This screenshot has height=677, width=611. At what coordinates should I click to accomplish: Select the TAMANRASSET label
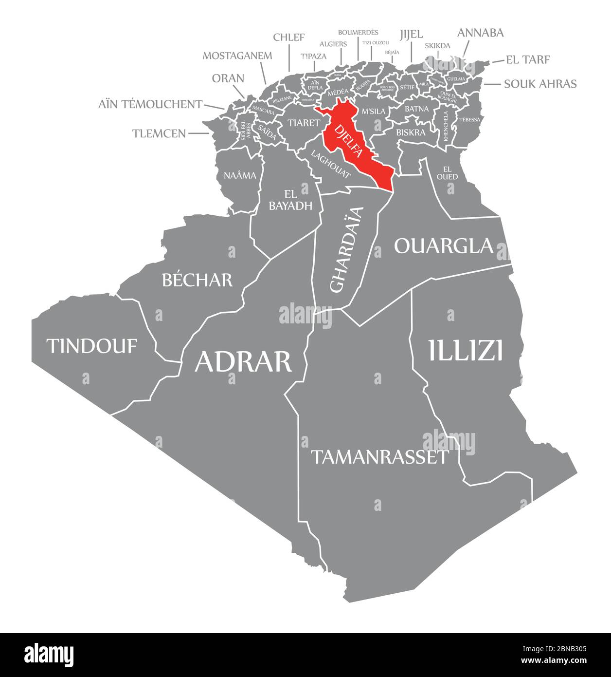click(379, 457)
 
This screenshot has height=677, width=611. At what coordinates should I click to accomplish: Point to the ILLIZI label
click(466, 350)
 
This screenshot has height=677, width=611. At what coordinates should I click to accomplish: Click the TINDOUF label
click(92, 346)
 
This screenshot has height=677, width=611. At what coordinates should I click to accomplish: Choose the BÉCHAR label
click(197, 280)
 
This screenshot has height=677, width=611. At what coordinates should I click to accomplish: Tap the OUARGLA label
click(444, 245)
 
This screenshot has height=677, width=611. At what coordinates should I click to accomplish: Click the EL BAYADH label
click(290, 200)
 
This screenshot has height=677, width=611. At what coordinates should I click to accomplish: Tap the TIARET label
click(303, 123)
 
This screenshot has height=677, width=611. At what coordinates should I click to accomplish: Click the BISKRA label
click(411, 132)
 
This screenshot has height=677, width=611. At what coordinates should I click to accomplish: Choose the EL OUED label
click(447, 173)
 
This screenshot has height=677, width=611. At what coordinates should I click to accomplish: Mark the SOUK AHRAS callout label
click(540, 84)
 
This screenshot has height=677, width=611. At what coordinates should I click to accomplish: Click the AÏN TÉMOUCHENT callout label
click(150, 104)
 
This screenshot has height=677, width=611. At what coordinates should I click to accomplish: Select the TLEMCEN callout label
click(159, 133)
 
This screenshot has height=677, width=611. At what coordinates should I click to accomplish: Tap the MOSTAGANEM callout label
click(237, 55)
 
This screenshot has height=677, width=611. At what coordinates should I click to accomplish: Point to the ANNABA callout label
click(480, 33)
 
